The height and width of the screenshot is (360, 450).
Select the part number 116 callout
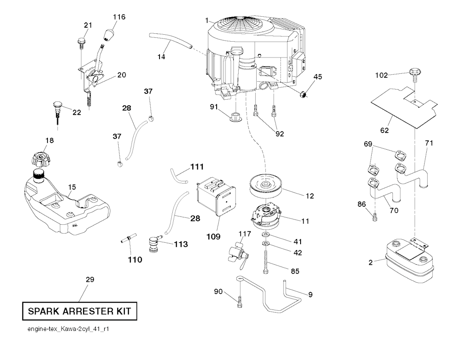[119, 17]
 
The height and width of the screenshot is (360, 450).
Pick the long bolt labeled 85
[266, 261]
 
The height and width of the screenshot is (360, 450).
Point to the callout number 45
[317, 77]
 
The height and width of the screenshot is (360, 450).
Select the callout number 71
[429, 143]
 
